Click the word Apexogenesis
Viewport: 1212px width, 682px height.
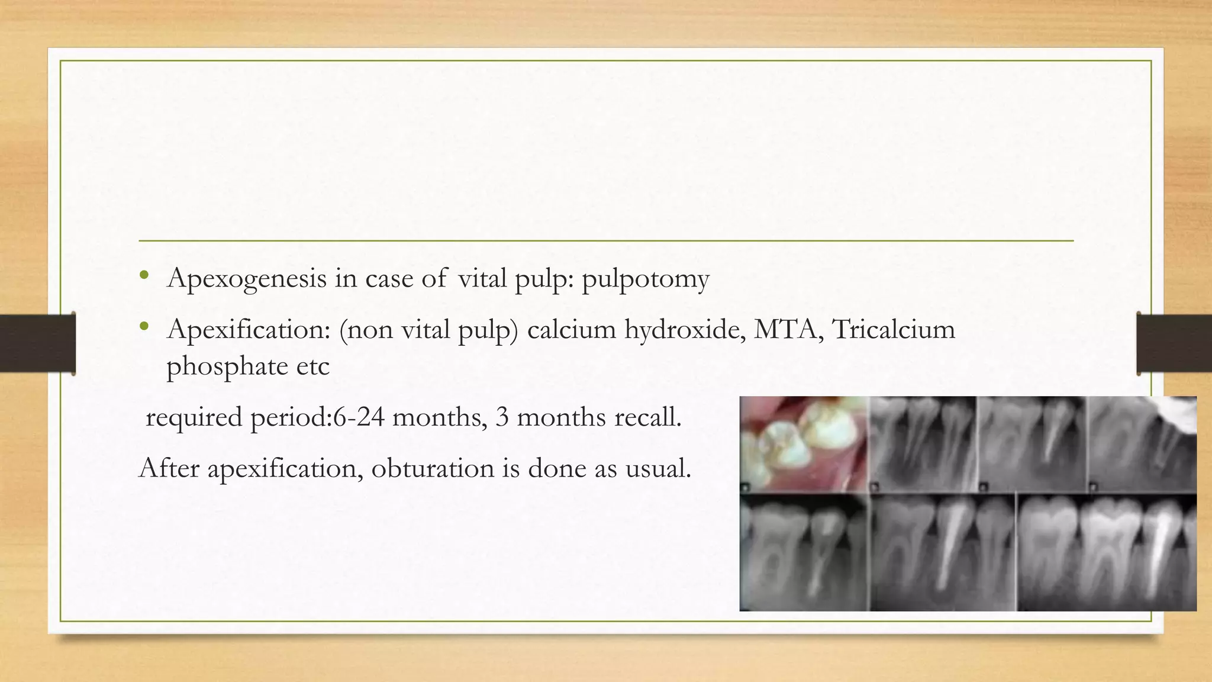pyautogui.click(x=247, y=279)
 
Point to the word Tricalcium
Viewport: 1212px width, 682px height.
pyautogui.click(x=894, y=329)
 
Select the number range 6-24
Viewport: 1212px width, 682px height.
pyautogui.click(x=358, y=417)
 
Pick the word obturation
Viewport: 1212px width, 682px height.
pyautogui.click(x=433, y=468)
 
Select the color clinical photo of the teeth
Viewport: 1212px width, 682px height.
pyautogui.click(x=804, y=444)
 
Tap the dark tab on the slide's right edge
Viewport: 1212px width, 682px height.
pyautogui.click(x=1174, y=343)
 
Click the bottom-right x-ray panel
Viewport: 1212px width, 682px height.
pyautogui.click(x=1107, y=552)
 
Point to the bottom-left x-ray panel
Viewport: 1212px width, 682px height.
pyautogui.click(x=804, y=552)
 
